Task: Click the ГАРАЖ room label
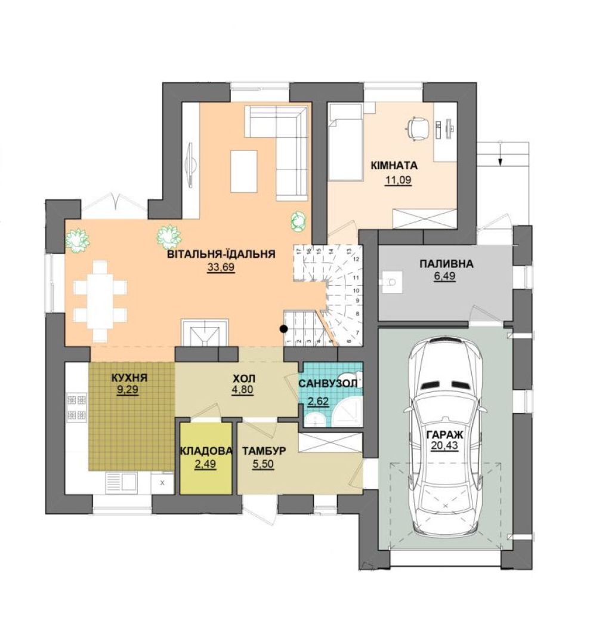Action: point(444,434)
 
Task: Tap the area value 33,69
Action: point(221,267)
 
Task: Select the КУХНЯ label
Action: point(129,378)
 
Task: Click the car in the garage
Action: point(445,436)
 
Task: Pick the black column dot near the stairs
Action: point(284,329)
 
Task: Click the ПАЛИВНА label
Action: point(446,264)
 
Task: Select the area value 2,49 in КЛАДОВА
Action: point(205,464)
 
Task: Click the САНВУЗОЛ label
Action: point(328,384)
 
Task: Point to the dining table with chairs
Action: point(100,301)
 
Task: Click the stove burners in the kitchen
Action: point(77,407)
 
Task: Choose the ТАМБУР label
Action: point(264,451)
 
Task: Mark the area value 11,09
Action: point(398,180)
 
